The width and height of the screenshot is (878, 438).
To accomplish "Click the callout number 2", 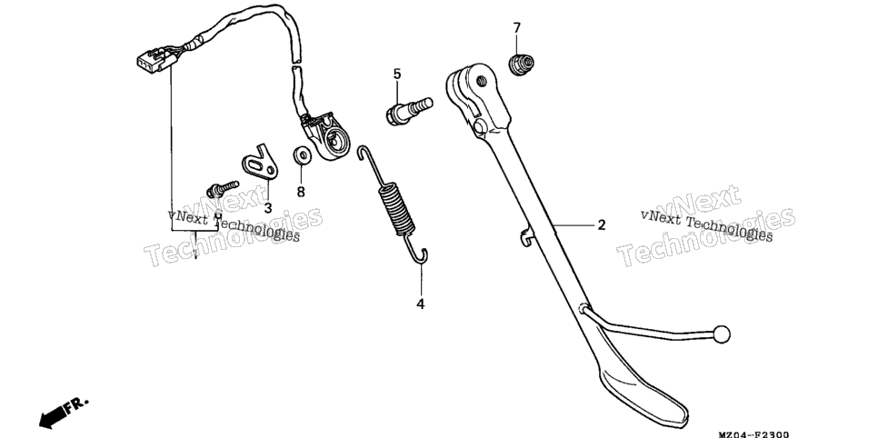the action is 602,225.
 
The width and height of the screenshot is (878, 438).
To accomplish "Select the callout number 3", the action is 267,208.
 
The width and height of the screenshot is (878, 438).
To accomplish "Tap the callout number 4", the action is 421,304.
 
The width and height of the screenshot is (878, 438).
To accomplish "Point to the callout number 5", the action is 397,74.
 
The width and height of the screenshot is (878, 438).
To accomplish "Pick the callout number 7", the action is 517,27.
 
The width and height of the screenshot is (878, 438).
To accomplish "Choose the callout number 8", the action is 301,192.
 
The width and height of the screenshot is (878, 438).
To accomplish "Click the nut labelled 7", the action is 521,64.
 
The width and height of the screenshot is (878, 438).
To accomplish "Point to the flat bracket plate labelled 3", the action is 260,164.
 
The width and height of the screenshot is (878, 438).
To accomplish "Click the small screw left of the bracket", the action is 223,189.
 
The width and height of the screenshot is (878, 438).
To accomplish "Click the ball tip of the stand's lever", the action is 722,334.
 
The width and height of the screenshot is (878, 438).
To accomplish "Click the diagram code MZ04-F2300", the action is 753,433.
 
